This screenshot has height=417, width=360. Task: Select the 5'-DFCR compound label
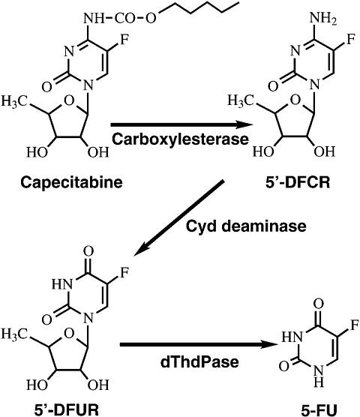coord(298,183)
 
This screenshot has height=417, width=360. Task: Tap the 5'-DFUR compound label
coord(67,409)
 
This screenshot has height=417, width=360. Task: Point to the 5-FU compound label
coord(319,409)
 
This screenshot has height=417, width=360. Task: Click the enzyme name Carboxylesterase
coord(180,139)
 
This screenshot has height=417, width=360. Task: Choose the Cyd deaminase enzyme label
coord(246,226)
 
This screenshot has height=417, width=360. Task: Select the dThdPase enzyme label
coord(199,362)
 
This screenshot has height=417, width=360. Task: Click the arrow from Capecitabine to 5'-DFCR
coord(181,124)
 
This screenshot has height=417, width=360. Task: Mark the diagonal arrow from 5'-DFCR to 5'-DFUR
coord(178,218)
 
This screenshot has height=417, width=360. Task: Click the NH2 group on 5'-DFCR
coord(323,19)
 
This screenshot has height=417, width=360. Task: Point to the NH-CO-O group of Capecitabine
coord(120,19)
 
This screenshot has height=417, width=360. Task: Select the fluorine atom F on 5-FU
coord(355,325)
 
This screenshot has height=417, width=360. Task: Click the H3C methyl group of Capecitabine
coord(15,101)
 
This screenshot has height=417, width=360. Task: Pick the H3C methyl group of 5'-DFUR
coord(15,334)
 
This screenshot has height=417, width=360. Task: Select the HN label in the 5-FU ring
coord(292,337)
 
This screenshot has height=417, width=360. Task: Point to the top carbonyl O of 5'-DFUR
coord(88,251)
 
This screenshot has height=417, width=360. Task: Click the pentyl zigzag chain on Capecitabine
coord(198,8)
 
